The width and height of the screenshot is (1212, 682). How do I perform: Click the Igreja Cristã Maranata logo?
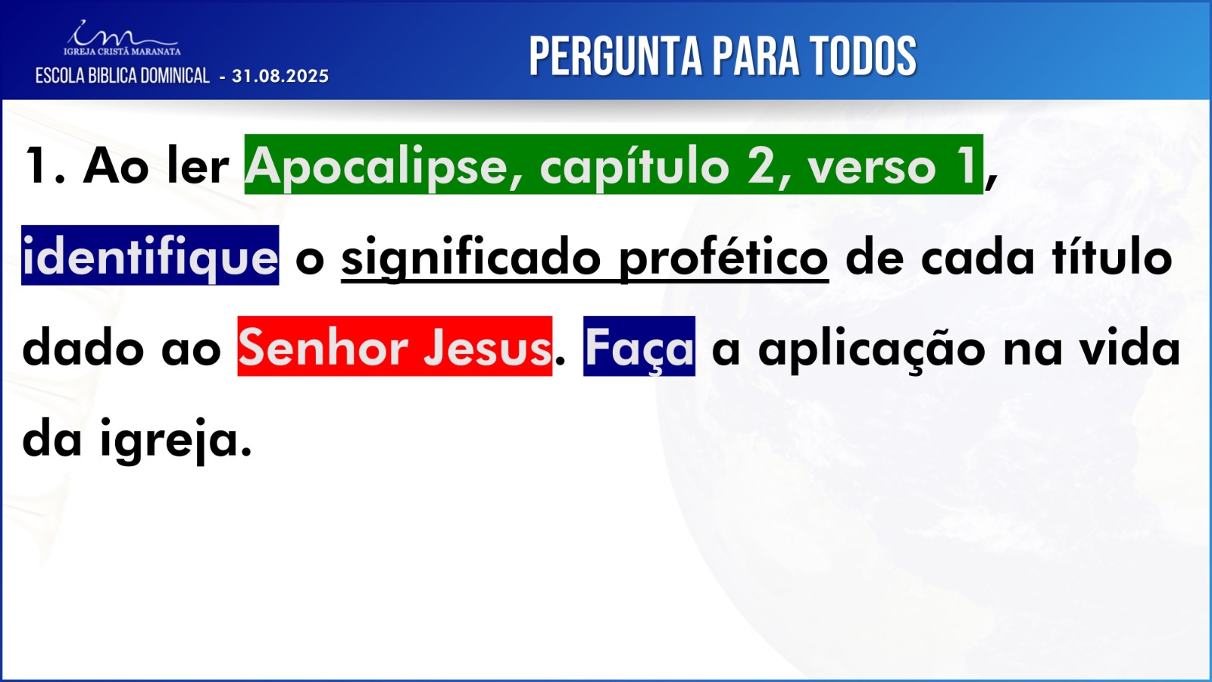pos(122,39)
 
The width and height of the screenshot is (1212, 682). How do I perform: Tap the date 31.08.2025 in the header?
pos(280,77)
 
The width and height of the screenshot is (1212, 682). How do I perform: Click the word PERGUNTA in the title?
pos(615,56)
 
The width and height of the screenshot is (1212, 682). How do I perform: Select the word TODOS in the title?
pos(864,56)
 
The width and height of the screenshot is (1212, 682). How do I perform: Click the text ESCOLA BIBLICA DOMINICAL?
pos(122,76)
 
